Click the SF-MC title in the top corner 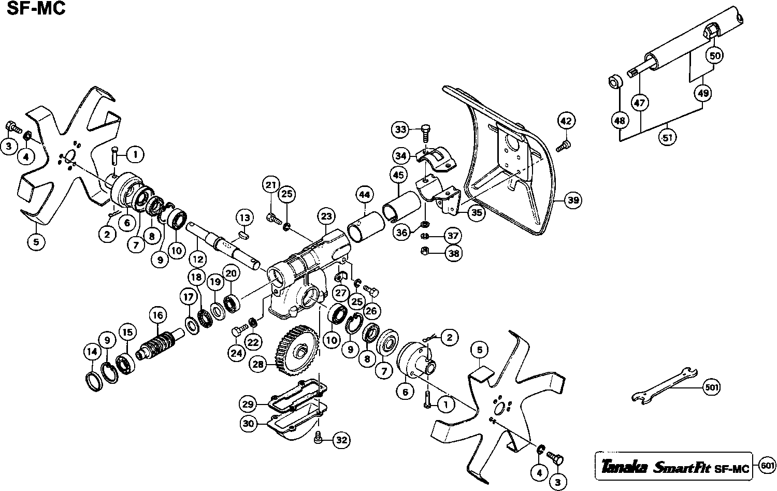36,9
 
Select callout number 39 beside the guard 572,200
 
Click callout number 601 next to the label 767,466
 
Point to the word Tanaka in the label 624,468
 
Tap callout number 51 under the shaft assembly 667,137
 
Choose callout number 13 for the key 245,218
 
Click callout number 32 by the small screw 340,440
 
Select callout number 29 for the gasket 248,403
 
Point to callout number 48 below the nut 620,121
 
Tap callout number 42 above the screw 566,121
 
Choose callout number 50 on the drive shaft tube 714,55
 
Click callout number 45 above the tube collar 398,176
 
